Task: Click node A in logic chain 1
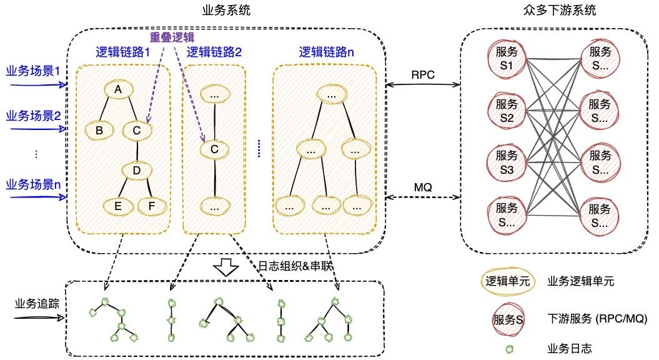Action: tap(117, 90)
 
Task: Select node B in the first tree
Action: tap(98, 130)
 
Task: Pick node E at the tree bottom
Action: tap(117, 205)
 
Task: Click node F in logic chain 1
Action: tap(151, 205)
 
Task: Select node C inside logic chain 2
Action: tap(214, 149)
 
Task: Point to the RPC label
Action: tap(422, 74)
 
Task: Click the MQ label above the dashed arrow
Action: tap(422, 187)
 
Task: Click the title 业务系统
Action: tap(223, 10)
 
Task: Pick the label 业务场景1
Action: tap(32, 71)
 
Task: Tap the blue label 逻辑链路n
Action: tap(326, 52)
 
